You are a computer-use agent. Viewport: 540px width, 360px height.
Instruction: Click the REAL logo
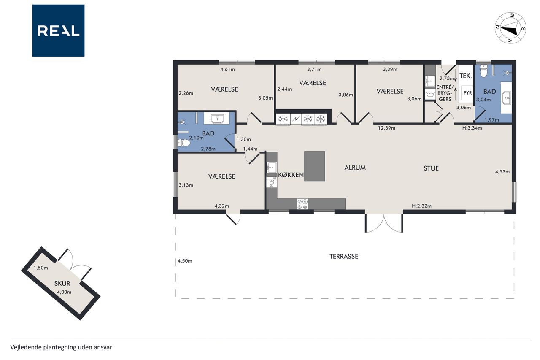point(58,31)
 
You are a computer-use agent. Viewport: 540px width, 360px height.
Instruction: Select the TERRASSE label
point(344,256)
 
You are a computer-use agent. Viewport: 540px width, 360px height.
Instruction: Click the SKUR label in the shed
point(62,283)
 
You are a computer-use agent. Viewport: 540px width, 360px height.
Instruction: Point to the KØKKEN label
point(291,175)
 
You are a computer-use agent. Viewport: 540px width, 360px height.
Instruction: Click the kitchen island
point(315,166)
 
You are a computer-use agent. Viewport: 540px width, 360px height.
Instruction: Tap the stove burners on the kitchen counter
point(302,204)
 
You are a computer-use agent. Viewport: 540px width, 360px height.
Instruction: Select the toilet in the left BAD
point(184,143)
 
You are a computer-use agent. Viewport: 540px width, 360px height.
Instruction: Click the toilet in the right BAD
point(483,70)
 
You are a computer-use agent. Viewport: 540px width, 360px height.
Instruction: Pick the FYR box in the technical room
point(467,92)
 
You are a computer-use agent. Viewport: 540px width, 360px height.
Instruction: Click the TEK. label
point(465,76)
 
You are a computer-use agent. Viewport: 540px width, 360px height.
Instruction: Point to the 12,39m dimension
point(386,128)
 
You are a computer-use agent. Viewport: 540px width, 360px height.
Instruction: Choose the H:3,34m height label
point(472,128)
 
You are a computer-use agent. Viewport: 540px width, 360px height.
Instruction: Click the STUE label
point(431,168)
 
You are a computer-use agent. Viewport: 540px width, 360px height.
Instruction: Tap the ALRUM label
point(355,168)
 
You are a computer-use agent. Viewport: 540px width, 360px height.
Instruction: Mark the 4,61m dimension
point(227,70)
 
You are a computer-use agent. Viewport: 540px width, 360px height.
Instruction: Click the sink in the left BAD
point(217,118)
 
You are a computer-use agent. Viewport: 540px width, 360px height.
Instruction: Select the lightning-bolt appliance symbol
point(296,119)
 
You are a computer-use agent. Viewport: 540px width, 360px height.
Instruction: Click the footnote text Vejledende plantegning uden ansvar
point(61,347)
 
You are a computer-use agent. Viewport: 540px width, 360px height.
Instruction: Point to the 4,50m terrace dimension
point(185,261)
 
